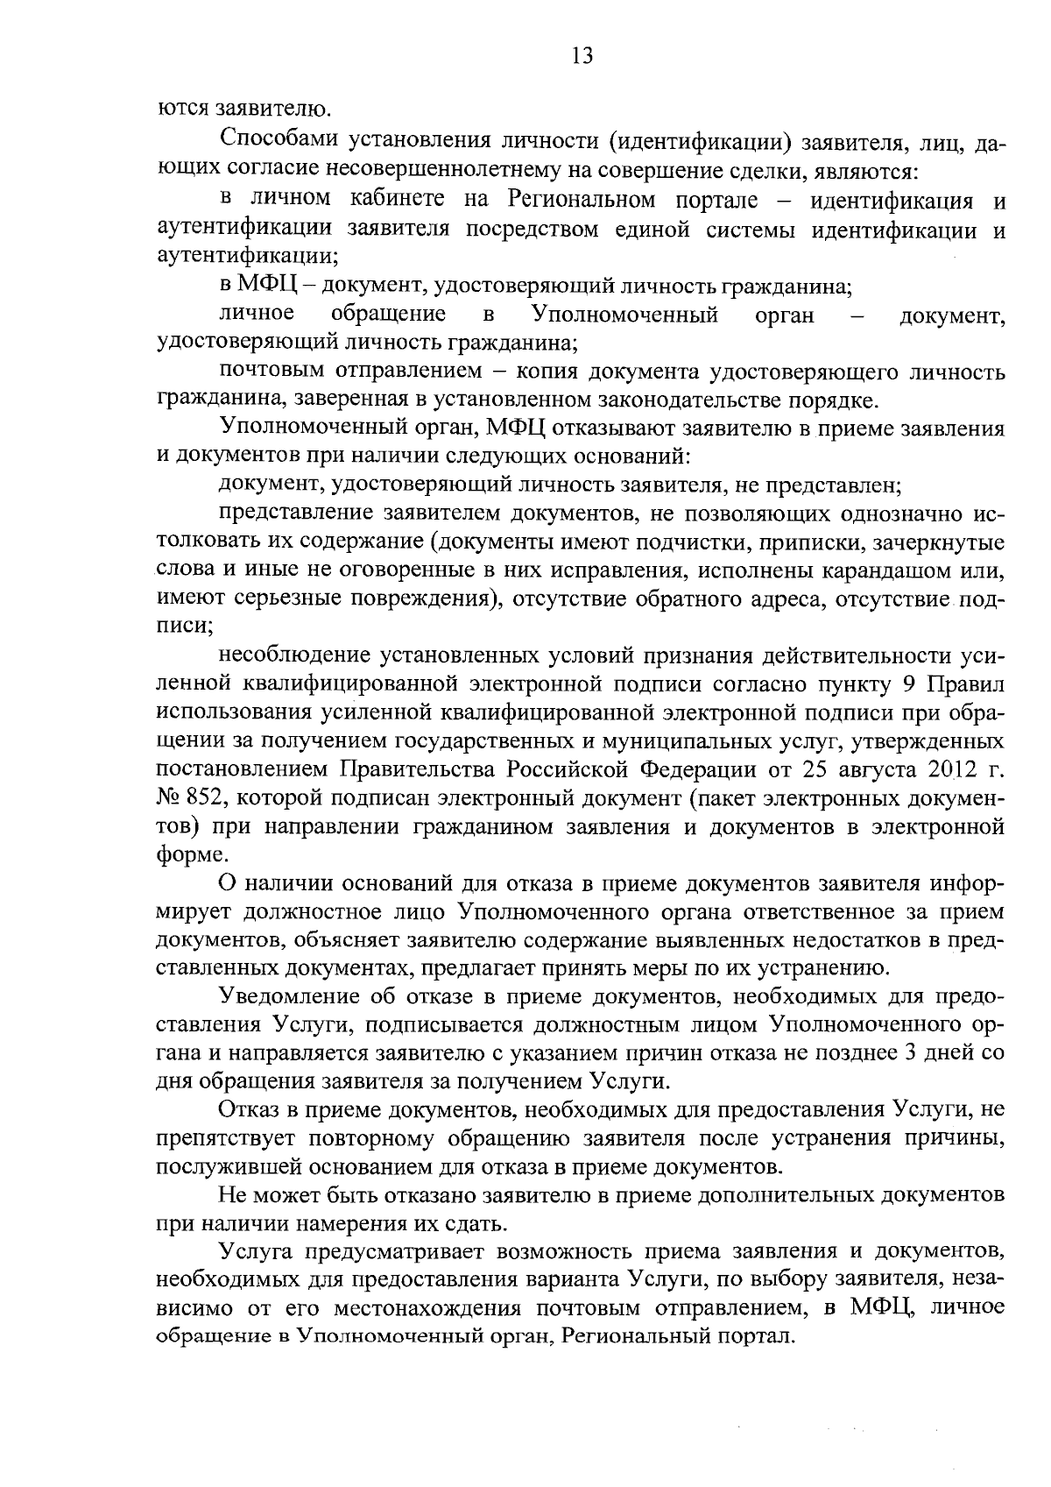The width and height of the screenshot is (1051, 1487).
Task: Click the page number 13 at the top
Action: tap(582, 57)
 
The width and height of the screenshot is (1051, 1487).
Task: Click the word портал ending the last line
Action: tap(756, 1338)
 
